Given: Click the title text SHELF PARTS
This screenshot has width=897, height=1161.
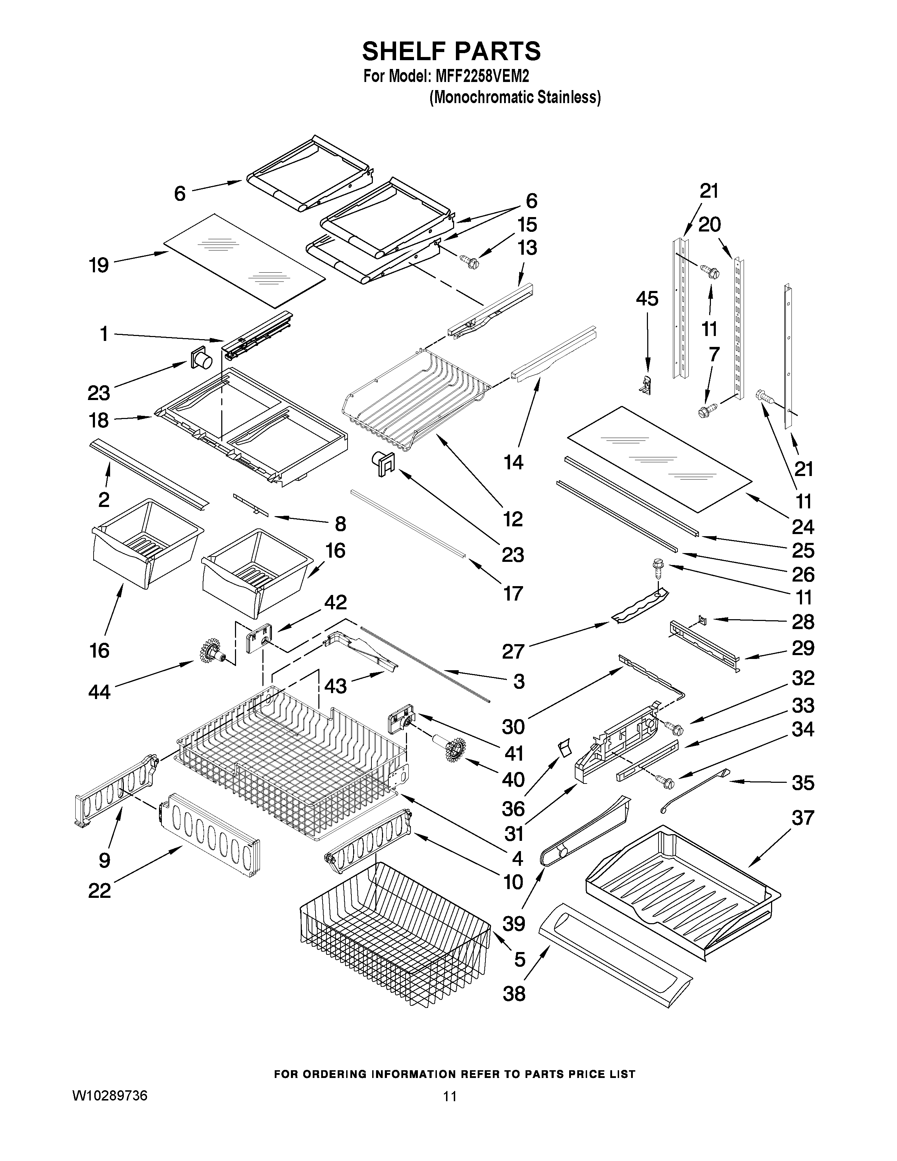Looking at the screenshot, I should pos(451,52).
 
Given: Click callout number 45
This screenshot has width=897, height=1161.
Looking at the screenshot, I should pos(647,299).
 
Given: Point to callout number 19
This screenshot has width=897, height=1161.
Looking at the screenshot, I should pos(99,265).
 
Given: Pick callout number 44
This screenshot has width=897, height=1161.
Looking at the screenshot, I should pos(99,691).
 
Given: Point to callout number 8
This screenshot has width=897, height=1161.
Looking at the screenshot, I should pos(341,524).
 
